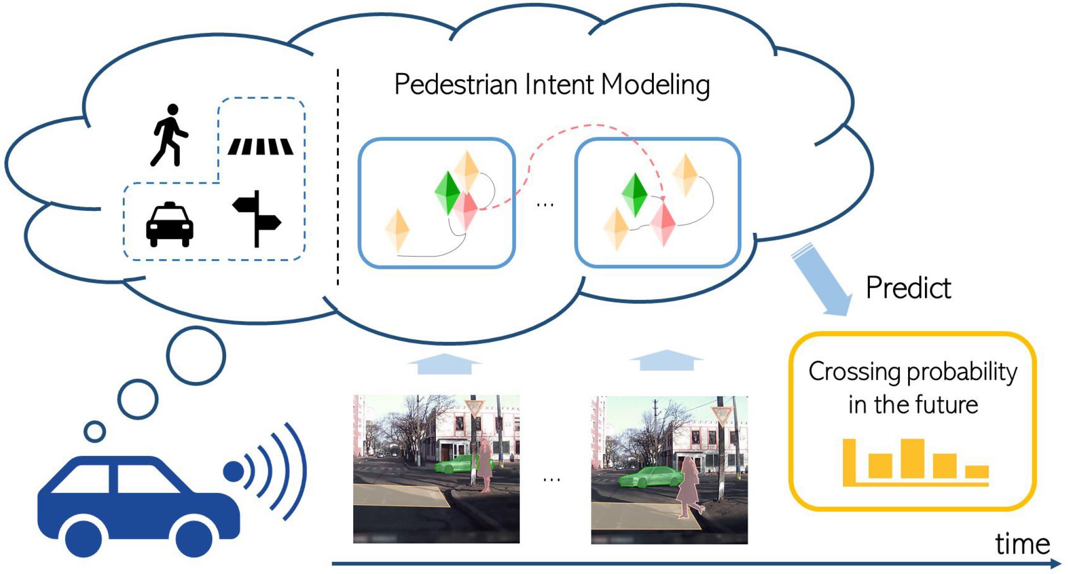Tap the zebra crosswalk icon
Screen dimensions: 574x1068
pyautogui.click(x=260, y=147)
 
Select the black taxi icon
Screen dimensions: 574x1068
pyautogui.click(x=170, y=225)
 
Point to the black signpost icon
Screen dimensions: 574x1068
pyautogui.click(x=257, y=219)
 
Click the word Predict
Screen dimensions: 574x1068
pyautogui.click(x=908, y=288)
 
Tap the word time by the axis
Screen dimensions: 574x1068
pyautogui.click(x=1022, y=545)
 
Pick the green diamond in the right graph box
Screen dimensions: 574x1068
pyautogui.click(x=634, y=194)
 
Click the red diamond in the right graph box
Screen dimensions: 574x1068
pyautogui.click(x=663, y=224)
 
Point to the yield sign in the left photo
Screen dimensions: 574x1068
pyautogui.click(x=474, y=407)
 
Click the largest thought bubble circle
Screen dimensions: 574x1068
pyautogui.click(x=196, y=355)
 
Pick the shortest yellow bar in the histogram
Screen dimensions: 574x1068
pyautogui.click(x=977, y=471)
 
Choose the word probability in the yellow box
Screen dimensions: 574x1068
pyautogui.click(x=962, y=373)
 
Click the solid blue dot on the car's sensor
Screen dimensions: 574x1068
pyautogui.click(x=233, y=471)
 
